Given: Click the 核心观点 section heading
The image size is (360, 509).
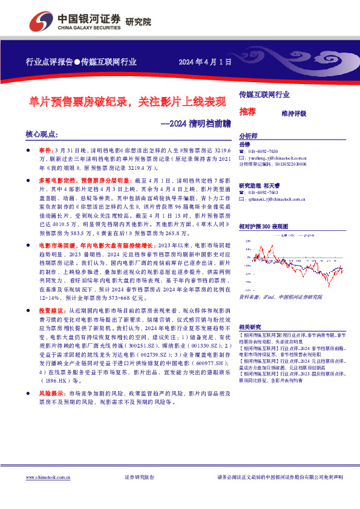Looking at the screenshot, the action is [42, 134].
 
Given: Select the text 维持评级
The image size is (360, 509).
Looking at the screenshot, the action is [294, 113].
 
